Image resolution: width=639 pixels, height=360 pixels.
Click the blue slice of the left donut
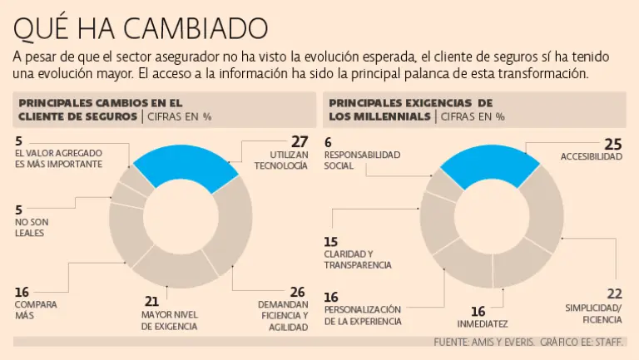coord(179,164)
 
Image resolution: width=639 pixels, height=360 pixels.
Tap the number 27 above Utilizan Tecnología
coord(299,141)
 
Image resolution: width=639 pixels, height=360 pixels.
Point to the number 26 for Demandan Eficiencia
coord(297,293)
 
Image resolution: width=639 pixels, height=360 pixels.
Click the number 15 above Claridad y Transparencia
coord(331,241)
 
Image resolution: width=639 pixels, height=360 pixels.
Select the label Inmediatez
coord(482,323)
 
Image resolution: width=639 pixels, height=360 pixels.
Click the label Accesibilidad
coord(591,156)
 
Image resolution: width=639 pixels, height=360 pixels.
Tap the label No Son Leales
coord(29,227)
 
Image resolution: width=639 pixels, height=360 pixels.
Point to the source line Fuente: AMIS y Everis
coord(485,343)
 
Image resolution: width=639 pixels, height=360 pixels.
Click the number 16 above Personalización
coord(331,297)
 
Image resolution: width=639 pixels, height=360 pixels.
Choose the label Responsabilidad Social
coord(362,160)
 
